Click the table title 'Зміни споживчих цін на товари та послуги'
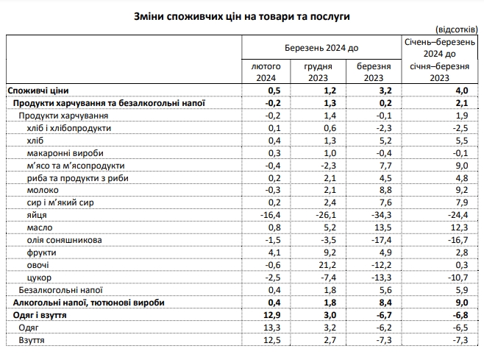coord(242,15)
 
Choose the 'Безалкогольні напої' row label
coord(60,290)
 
